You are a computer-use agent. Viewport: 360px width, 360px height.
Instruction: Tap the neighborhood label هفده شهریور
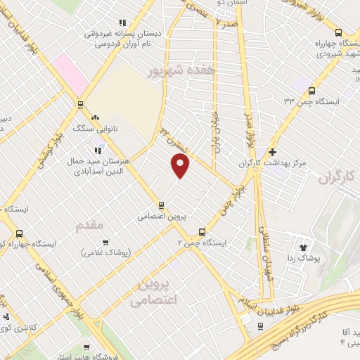coord(176,71)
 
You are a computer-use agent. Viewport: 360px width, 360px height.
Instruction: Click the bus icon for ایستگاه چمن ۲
coord(202,231)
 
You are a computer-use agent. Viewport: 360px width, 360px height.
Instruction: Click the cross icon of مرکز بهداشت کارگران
coord(272,151)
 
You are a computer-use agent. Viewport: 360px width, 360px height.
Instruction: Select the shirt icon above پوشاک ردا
coord(304,247)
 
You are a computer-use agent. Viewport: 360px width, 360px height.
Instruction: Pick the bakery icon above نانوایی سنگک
coord(94,117)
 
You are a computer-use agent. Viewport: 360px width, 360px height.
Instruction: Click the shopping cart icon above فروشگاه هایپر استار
coord(86,347)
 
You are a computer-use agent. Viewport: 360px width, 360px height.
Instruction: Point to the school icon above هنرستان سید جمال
coord(98,149)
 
